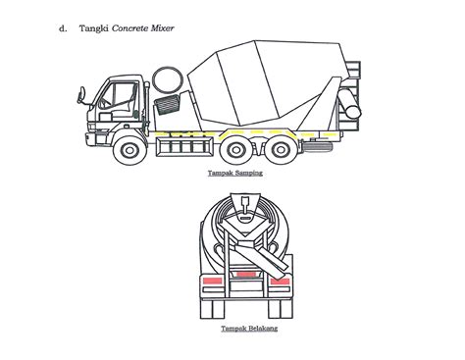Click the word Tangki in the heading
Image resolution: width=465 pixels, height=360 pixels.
pos(93,28)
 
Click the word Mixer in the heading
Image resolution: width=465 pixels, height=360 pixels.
pos(162,28)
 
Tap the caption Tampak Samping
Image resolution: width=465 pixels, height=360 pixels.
pos(235,173)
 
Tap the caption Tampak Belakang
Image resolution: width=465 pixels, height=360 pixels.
pos(249,329)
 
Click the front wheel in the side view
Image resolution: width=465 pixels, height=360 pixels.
pos(129,150)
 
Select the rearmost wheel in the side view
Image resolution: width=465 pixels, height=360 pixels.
pos(281,150)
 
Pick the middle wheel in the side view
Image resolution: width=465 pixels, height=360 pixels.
pos(235,150)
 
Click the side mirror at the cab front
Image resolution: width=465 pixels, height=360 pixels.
pos(80,95)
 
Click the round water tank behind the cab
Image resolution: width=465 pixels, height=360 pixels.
pos(168,79)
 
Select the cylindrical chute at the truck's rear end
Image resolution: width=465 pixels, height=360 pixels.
pos(349,103)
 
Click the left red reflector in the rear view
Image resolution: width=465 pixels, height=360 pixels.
pos(213,281)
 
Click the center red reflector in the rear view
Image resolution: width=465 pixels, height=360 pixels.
pos(246,275)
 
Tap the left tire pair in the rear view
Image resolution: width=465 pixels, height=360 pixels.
pos(213,309)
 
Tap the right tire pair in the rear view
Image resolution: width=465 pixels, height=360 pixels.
pos(281,309)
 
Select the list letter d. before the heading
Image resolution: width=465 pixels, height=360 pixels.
pos(63,28)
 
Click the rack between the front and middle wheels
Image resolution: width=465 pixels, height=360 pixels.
pos(184,146)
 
